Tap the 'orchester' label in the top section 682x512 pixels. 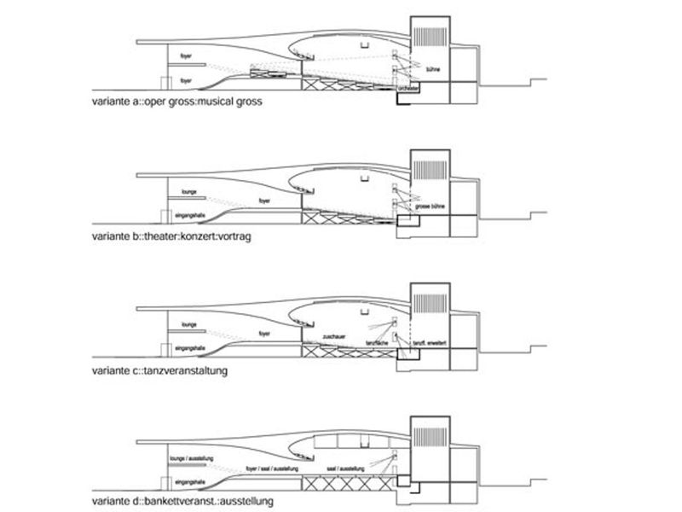click(x=407, y=88)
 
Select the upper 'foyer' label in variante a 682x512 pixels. click(x=186, y=56)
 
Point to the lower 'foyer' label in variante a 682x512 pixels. click(x=186, y=80)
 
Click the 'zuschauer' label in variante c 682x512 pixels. click(x=334, y=339)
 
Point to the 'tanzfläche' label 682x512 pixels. click(x=377, y=342)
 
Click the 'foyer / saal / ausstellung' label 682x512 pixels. click(x=269, y=468)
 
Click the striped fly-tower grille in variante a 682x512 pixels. click(x=429, y=40)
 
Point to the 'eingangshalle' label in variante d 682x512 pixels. click(x=188, y=481)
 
